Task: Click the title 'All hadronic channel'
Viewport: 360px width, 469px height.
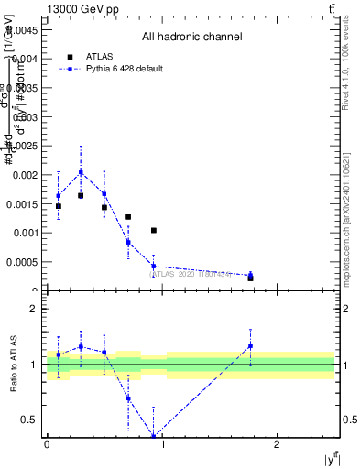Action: [x=191, y=37]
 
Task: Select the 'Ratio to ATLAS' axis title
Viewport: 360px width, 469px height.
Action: [x=14, y=365]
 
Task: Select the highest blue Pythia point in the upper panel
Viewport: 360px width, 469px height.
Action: [x=81, y=171]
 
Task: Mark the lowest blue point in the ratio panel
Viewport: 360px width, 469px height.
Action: [x=153, y=436]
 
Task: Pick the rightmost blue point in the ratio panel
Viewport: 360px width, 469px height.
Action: [x=250, y=345]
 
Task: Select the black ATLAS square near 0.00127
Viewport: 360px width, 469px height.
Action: [x=128, y=217]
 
